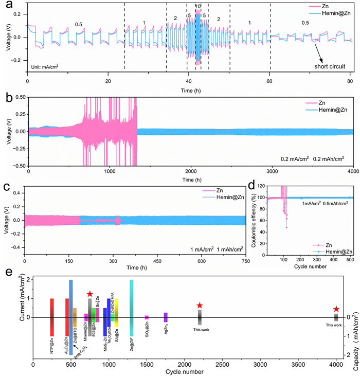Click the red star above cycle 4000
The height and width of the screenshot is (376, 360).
[336, 309]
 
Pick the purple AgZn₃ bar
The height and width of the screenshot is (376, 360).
[166, 317]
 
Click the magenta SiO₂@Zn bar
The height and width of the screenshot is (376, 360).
[147, 317]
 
